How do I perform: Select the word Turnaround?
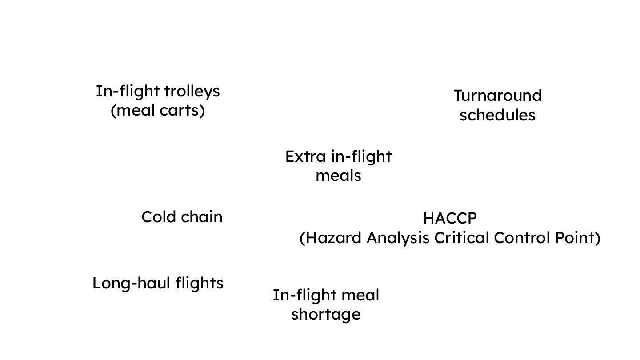point(497,96)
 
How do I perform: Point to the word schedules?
point(497,115)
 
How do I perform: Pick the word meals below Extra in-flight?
point(338,176)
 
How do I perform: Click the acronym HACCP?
point(450,218)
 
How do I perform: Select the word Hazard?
point(332,238)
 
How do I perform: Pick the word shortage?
point(325,315)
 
